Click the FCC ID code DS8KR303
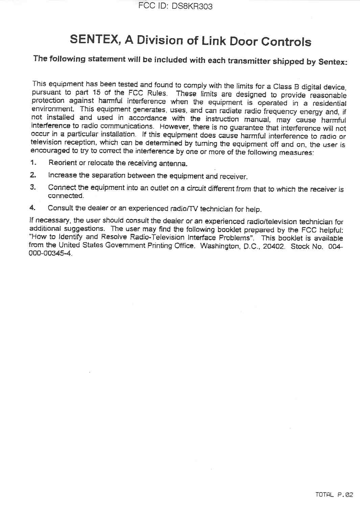pos(192,6)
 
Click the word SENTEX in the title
pos(94,39)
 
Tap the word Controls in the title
pos(286,42)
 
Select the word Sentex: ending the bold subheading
pos(333,62)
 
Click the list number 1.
pos(33,162)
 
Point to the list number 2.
pos(33,175)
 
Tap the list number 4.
pos(32,207)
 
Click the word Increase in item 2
pos(62,175)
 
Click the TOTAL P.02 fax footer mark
pos(334,495)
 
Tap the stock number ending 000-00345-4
pos(50,253)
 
